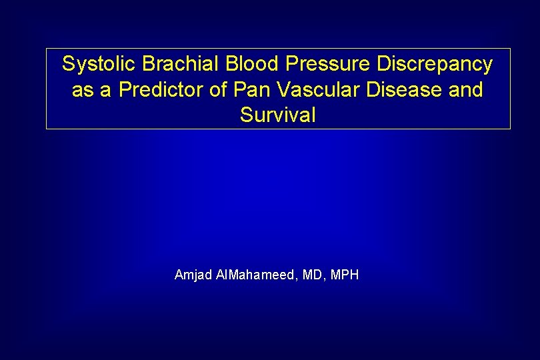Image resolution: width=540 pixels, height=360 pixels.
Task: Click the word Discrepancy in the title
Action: click(x=435, y=65)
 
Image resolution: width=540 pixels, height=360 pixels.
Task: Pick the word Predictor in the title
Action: click(x=161, y=90)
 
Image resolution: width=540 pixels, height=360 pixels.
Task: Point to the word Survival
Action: click(x=278, y=115)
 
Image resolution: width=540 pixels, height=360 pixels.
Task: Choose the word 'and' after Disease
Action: click(x=466, y=90)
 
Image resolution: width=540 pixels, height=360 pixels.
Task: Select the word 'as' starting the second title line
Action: click(x=83, y=90)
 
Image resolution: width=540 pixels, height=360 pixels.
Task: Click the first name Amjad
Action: click(x=193, y=275)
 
